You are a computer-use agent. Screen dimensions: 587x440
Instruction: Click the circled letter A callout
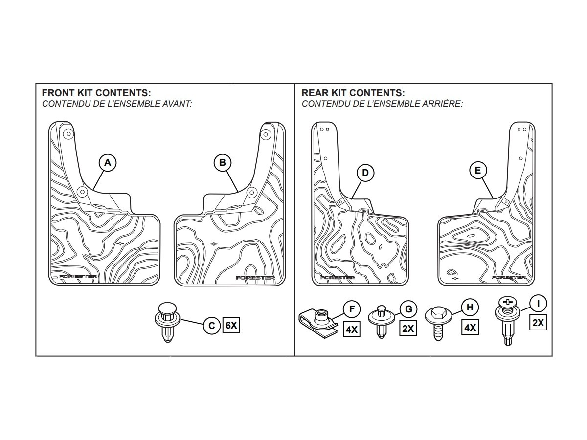pos(108,162)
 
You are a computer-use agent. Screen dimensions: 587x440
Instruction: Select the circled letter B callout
pos(223,162)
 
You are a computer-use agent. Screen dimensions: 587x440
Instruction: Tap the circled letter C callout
pos(212,326)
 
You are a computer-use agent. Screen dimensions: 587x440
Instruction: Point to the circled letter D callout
pos(365,173)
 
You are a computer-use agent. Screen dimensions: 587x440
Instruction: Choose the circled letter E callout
pos(478,170)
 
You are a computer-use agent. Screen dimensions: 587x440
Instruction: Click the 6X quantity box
pos(231,325)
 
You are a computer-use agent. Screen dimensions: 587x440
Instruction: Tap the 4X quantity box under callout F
pos(352,330)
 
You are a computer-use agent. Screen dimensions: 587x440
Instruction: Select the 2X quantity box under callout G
pos(408,329)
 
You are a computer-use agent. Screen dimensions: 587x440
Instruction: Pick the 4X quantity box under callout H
pos(470,327)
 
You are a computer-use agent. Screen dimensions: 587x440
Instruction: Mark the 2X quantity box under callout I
pos(538,323)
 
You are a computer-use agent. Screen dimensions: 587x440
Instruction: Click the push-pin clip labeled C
pos(168,323)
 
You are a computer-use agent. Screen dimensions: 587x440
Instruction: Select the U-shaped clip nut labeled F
pos(318,323)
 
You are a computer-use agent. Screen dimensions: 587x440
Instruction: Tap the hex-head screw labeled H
pos(438,323)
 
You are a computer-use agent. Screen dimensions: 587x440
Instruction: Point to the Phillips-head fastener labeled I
pos(508,321)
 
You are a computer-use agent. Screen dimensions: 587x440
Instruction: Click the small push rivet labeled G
pos(382,321)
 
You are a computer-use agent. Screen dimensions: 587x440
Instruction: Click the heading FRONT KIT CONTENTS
pos(96,93)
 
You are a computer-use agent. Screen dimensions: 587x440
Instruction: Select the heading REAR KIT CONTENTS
pos(353,93)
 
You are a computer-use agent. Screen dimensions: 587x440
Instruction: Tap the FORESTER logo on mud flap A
pos(78,276)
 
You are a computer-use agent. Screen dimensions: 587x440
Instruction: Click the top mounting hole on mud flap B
pos(266,134)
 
